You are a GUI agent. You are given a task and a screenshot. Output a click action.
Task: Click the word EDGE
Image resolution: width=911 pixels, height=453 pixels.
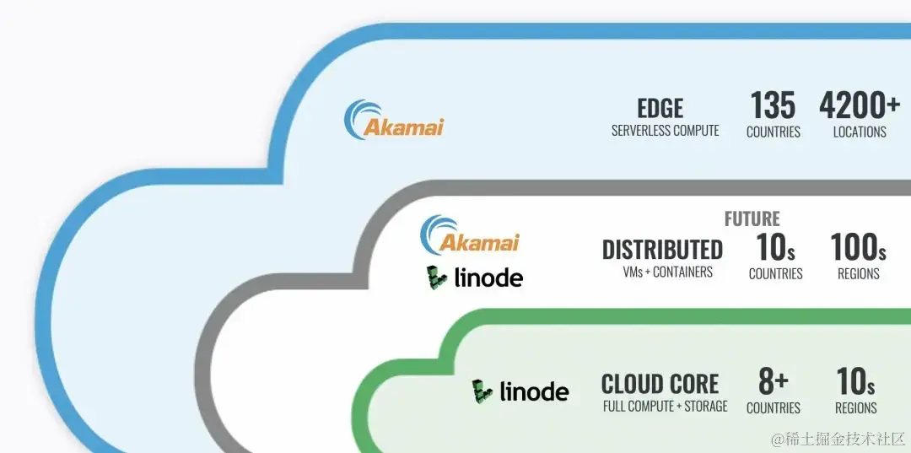[660, 108]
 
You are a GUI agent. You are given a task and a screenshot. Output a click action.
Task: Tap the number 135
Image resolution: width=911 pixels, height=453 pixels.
[773, 106]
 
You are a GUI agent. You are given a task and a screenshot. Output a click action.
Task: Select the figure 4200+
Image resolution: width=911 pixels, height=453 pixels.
[860, 106]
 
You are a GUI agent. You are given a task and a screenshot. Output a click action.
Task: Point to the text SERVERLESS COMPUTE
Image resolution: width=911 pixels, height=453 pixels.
[665, 131]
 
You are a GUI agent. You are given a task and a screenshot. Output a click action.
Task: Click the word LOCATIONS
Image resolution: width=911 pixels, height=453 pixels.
[859, 132]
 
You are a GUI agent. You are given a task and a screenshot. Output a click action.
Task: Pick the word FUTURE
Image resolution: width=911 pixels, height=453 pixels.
[752, 219]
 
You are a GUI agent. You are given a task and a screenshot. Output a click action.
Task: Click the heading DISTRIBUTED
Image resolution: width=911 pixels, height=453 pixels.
[662, 250]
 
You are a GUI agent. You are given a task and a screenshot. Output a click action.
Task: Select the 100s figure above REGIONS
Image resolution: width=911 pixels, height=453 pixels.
[858, 248]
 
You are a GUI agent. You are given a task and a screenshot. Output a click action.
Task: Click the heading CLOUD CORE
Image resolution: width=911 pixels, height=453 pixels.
[660, 384]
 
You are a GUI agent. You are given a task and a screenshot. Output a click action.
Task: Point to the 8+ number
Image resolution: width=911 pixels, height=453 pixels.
[773, 382]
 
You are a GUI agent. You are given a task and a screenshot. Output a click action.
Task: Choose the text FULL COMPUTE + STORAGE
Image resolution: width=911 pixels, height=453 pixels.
[665, 407]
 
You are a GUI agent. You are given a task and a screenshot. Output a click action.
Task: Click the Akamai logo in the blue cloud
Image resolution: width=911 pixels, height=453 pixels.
[394, 121]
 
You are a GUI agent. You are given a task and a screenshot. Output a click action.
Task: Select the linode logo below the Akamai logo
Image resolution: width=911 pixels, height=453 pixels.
[474, 278]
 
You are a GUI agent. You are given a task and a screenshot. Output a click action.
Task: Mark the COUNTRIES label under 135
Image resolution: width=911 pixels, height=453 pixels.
[773, 132]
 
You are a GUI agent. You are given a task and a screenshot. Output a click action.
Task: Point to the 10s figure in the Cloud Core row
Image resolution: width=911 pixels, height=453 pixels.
[855, 382]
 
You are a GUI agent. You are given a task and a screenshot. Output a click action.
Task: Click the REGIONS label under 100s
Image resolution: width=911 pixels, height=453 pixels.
[858, 273]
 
